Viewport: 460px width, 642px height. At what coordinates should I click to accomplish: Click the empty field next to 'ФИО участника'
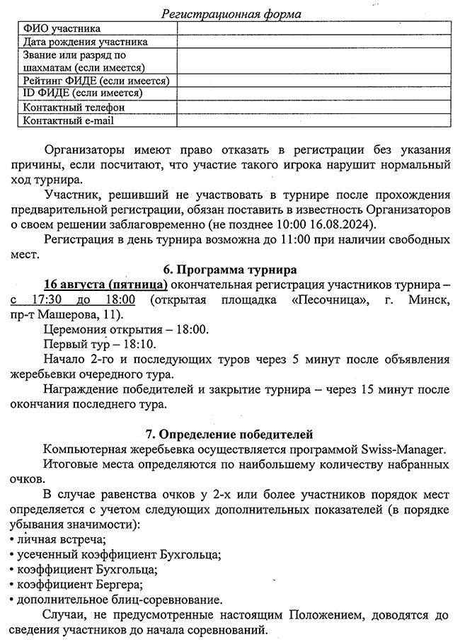314,28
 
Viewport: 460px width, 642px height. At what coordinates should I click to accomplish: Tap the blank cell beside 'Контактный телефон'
314,107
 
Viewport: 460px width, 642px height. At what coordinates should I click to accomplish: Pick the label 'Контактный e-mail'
69,120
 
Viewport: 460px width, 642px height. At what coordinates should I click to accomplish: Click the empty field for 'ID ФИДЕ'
314,93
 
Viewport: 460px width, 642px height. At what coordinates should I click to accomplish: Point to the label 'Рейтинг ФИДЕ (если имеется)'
96,81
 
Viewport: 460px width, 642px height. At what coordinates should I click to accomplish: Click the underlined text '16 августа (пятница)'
105,285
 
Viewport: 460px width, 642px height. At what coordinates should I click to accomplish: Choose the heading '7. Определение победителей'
229,433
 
